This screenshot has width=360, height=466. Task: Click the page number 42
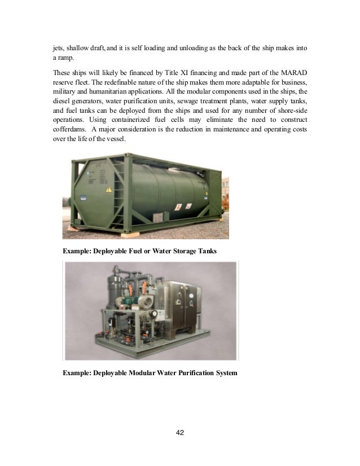[180, 433]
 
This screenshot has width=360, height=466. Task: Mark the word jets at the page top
[52, 49]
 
